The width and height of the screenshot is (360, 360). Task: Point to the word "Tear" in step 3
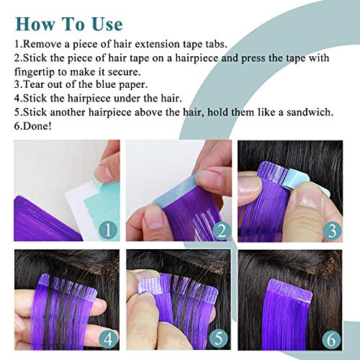pyautogui.click(x=35, y=85)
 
